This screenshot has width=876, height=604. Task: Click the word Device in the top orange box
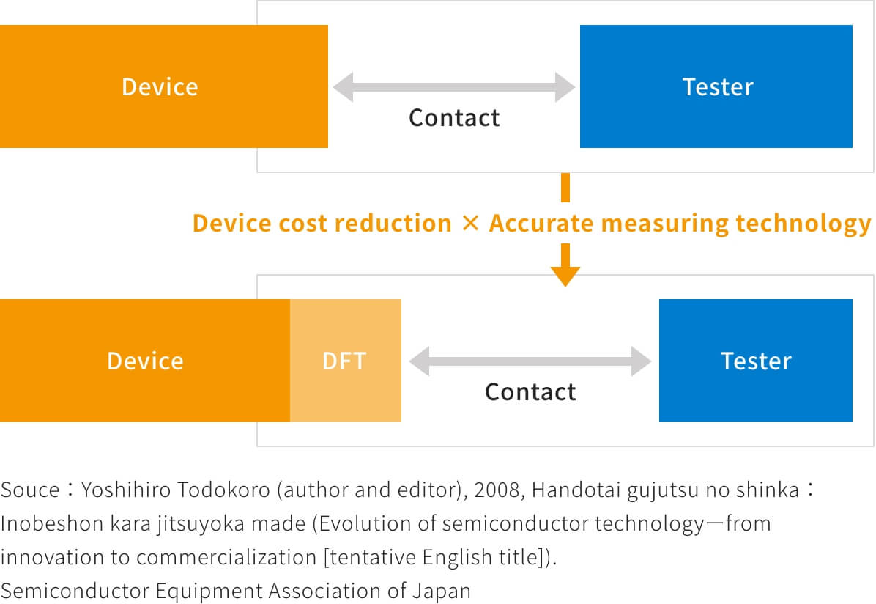[x=160, y=87]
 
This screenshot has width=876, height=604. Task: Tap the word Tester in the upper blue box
[x=718, y=87]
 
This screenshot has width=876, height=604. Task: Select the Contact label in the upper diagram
[x=454, y=118]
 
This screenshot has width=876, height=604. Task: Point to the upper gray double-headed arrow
[x=453, y=87]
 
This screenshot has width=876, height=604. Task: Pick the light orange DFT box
[x=345, y=361]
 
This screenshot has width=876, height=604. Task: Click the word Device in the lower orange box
[x=145, y=361]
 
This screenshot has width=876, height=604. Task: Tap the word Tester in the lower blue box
[x=756, y=361]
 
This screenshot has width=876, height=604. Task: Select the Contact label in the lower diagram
[x=530, y=392]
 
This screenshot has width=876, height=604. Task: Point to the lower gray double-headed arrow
[x=530, y=361]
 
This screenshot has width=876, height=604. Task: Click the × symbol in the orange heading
[x=470, y=223]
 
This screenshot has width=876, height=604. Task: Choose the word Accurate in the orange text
[x=541, y=223]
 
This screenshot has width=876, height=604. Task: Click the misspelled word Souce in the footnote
[x=30, y=490]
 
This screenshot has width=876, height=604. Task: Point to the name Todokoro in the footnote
[x=223, y=490]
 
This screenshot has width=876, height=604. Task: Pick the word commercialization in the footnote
[x=226, y=558]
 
